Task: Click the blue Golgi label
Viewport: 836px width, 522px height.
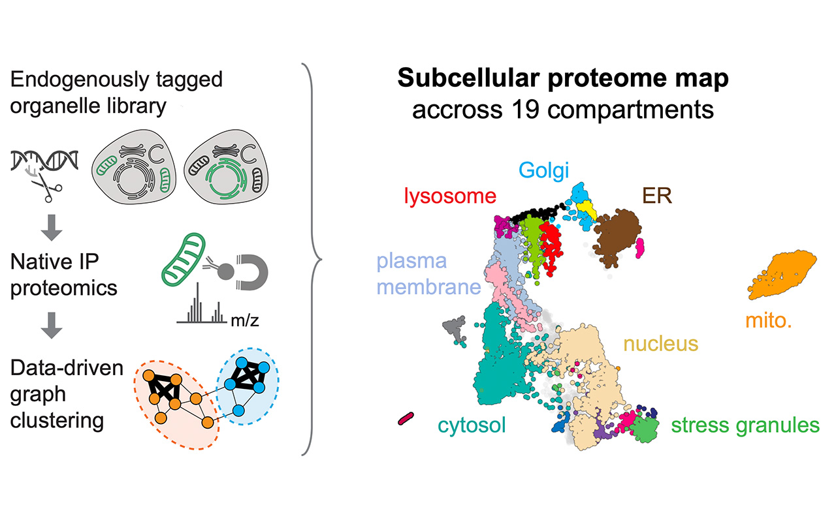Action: pos(544,171)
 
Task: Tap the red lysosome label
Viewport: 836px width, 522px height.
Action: pos(450,196)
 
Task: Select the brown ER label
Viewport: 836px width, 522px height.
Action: pos(657,195)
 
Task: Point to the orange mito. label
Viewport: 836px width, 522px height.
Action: pos(769,320)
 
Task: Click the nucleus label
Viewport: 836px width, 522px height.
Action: pos(660,343)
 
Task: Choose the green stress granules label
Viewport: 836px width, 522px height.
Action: pos(745,425)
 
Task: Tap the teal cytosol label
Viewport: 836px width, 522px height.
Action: pos(472,425)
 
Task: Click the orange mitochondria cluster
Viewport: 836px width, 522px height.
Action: pos(782,275)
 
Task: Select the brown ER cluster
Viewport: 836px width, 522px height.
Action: pos(616,238)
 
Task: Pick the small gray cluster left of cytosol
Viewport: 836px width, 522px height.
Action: pos(455,328)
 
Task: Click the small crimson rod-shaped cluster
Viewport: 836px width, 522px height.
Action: pos(406,418)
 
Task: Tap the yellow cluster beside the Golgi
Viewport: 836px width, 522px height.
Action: pos(587,210)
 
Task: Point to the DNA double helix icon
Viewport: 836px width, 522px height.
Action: pos(44,161)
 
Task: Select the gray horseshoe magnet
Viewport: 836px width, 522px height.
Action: pos(253,272)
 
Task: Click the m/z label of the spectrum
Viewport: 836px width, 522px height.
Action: pos(245,320)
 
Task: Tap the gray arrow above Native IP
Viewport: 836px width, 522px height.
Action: pos(52,228)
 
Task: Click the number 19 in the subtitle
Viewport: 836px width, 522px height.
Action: pos(526,110)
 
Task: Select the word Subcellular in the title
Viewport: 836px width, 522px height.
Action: pos(469,78)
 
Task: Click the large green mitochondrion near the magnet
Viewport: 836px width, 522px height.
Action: pos(184,260)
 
